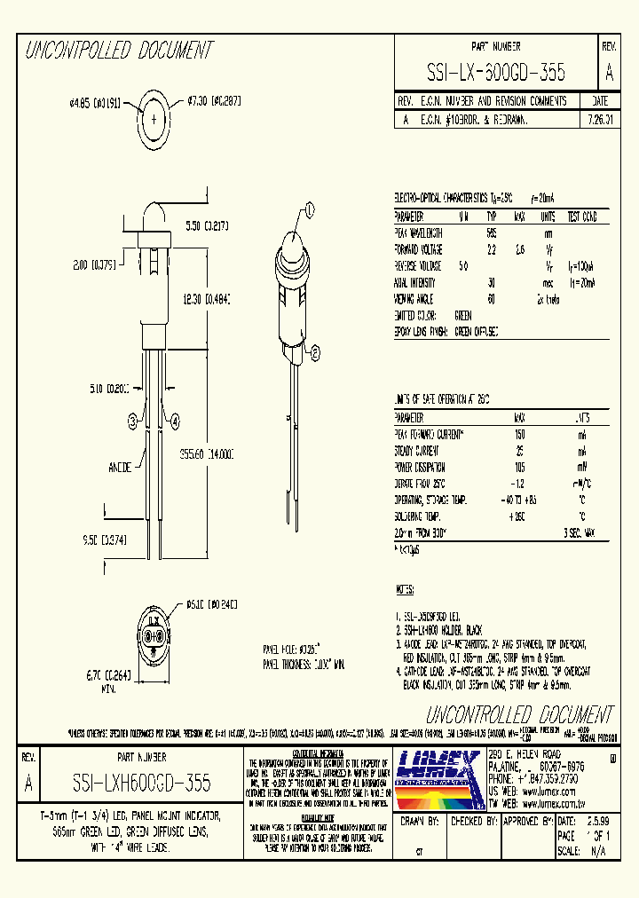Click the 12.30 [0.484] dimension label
pos(205,302)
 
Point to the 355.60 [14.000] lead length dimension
pos(206,454)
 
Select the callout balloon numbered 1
pos(310,210)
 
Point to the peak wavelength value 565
pos(491,232)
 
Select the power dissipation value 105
pos(518,467)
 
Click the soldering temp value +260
pos(518,516)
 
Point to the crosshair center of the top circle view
pos(155,118)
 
